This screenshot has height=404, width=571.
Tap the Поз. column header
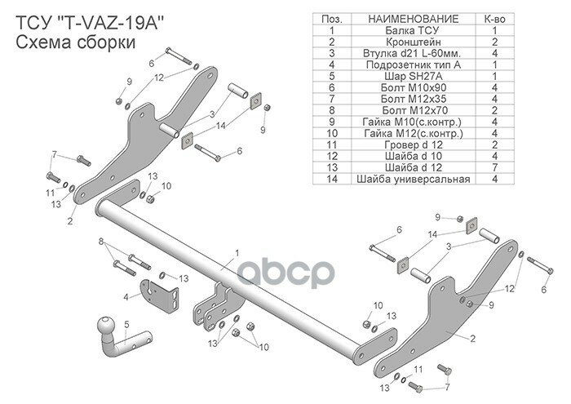[332, 18]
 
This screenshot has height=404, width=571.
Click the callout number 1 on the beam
[237, 253]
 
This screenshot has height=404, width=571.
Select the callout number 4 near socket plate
[125, 297]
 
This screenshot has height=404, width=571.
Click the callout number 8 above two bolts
[100, 242]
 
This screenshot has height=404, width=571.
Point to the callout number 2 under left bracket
[70, 220]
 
